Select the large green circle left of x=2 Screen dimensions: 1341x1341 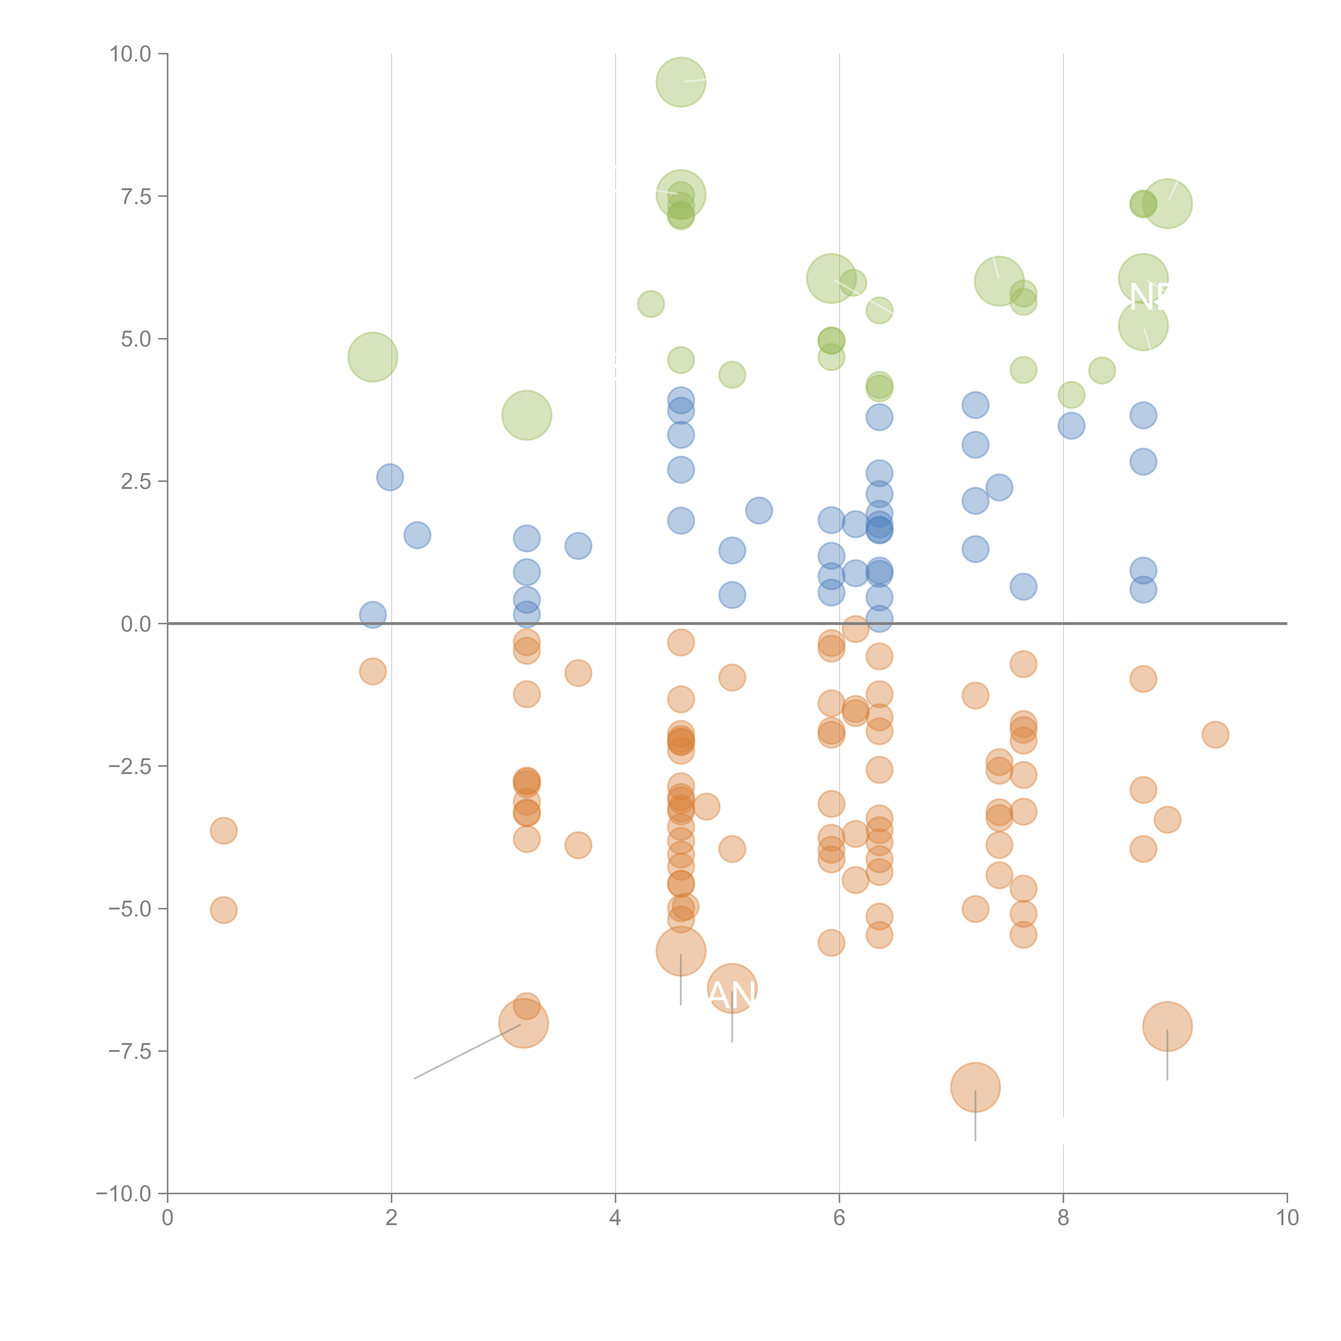click(x=373, y=358)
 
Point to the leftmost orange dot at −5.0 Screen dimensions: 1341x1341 click(x=223, y=910)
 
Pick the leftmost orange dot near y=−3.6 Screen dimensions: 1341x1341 click(x=223, y=830)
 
